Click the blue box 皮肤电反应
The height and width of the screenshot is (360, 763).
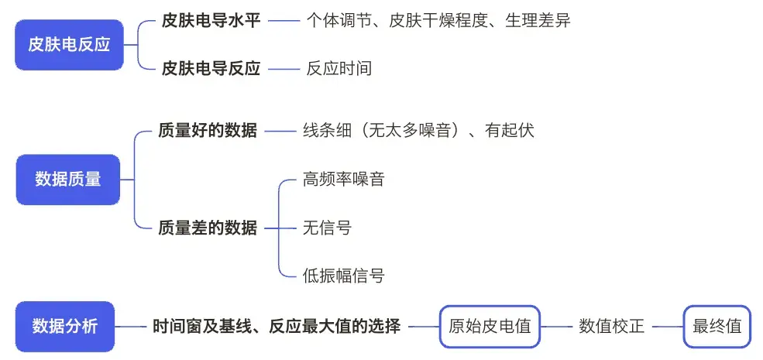[69, 45]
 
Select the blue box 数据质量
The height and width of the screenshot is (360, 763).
[68, 179]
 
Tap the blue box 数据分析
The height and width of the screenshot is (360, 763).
[65, 327]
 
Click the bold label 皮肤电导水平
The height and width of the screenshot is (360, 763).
[211, 21]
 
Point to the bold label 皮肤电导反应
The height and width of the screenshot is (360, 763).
[211, 68]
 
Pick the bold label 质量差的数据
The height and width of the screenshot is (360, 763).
[208, 228]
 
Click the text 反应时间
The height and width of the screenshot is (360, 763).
[339, 68]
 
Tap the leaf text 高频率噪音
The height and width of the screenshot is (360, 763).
[343, 180]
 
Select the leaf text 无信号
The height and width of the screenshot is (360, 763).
[327, 228]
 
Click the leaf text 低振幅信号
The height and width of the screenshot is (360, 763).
[343, 275]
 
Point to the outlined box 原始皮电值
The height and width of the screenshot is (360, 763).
[490, 326]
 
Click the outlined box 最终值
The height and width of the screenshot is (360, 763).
[717, 326]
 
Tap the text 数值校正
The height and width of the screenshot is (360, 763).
[611, 326]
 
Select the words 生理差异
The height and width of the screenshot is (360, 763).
[538, 21]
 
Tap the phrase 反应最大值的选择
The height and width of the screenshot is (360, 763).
[335, 327]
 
